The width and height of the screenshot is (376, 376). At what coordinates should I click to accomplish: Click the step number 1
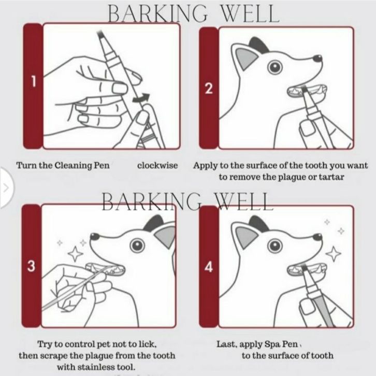[x=34, y=81]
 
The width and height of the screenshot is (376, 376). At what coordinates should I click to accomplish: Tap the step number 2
[x=209, y=88]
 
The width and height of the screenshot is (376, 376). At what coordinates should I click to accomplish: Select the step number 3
[x=31, y=266]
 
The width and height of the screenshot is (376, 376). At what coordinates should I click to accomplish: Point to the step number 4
[x=209, y=267]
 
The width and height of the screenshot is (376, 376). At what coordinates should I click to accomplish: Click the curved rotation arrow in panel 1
[x=141, y=97]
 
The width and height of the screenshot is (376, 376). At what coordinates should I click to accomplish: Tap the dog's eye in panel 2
[x=275, y=67]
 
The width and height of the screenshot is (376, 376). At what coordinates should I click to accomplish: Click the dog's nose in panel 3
[x=95, y=237]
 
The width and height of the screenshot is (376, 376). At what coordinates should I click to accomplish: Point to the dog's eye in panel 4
[x=275, y=246]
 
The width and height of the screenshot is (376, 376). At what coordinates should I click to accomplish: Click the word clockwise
[x=157, y=165]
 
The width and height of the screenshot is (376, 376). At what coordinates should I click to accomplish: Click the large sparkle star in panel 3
[x=75, y=253]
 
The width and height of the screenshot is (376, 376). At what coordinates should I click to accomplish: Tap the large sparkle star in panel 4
[x=334, y=254]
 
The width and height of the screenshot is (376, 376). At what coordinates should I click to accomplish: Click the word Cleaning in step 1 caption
[x=74, y=165]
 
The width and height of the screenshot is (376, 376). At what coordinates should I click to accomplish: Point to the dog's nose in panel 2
[x=317, y=59]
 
